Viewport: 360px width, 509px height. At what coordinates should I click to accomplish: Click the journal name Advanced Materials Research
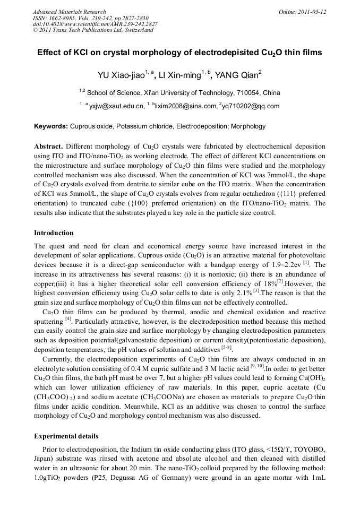[x=69, y=12]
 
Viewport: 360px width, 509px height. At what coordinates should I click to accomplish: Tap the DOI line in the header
[x=95, y=24]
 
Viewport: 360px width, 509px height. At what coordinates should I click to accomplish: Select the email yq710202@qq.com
[x=251, y=106]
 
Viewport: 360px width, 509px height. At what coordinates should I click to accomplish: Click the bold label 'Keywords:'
[x=51, y=126]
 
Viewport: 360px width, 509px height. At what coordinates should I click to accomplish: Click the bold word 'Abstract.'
[x=49, y=146]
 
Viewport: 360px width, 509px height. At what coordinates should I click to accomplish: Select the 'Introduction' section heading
[x=54, y=233]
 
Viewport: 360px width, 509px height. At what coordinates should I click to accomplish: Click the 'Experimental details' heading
[x=66, y=436]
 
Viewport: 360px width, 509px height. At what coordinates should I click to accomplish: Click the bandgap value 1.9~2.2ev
[x=282, y=265]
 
